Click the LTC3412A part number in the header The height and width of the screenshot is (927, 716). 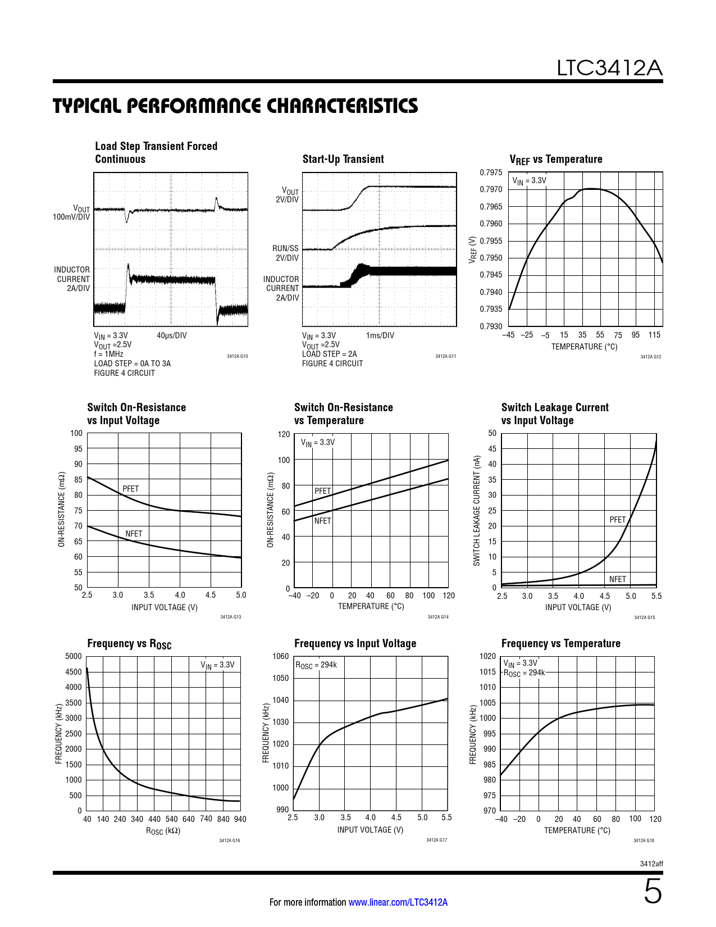click(x=609, y=68)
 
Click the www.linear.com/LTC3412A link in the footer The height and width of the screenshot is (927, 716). click(x=398, y=902)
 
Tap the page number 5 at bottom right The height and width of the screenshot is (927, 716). click(x=653, y=892)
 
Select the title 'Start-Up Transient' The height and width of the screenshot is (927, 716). click(x=343, y=159)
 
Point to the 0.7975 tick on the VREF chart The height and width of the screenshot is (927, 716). click(x=491, y=172)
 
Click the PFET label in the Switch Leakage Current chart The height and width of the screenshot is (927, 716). click(x=617, y=520)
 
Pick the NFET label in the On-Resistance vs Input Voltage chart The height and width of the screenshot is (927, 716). click(x=134, y=534)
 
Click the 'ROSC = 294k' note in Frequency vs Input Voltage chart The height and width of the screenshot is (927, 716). click(x=316, y=665)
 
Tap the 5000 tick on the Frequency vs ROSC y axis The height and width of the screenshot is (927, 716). click(x=74, y=656)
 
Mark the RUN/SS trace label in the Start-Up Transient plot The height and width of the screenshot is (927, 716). click(x=285, y=248)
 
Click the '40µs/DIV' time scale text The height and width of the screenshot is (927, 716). click(x=171, y=335)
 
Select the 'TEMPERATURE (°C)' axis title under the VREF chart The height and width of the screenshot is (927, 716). click(x=584, y=347)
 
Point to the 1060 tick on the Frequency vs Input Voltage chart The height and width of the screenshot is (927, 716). click(x=280, y=656)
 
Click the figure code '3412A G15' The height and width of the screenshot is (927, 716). click(x=644, y=617)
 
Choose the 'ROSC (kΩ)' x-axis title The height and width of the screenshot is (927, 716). click(x=163, y=831)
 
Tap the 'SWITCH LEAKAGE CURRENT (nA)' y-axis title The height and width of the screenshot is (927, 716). click(x=477, y=510)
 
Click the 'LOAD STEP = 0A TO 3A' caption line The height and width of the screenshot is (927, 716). click(x=132, y=363)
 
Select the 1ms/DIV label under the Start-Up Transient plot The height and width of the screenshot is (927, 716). click(x=380, y=335)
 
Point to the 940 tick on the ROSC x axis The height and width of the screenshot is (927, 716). click(x=240, y=819)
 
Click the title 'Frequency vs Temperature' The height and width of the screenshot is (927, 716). click(x=560, y=643)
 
